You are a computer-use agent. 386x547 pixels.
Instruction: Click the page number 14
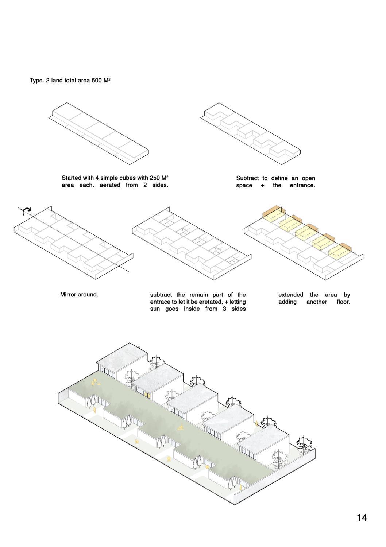[x=362, y=517]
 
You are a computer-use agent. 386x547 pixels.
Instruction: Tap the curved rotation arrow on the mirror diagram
[x=27, y=211]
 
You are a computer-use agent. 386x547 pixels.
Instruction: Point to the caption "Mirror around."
[x=79, y=295]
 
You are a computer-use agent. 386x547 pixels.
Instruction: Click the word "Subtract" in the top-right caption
[x=247, y=178]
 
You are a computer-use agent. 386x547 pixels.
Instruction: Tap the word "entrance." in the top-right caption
[x=302, y=185]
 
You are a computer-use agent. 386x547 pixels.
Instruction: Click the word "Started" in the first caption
[x=72, y=178]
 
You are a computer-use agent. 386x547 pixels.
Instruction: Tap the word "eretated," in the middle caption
[x=208, y=302]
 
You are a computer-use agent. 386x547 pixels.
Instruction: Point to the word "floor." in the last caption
[x=343, y=302]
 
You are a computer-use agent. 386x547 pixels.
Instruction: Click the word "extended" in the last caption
[x=291, y=295]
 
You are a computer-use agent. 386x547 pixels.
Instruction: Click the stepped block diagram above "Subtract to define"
[x=251, y=131]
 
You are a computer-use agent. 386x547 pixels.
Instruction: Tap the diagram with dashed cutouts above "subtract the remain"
[x=192, y=244]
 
